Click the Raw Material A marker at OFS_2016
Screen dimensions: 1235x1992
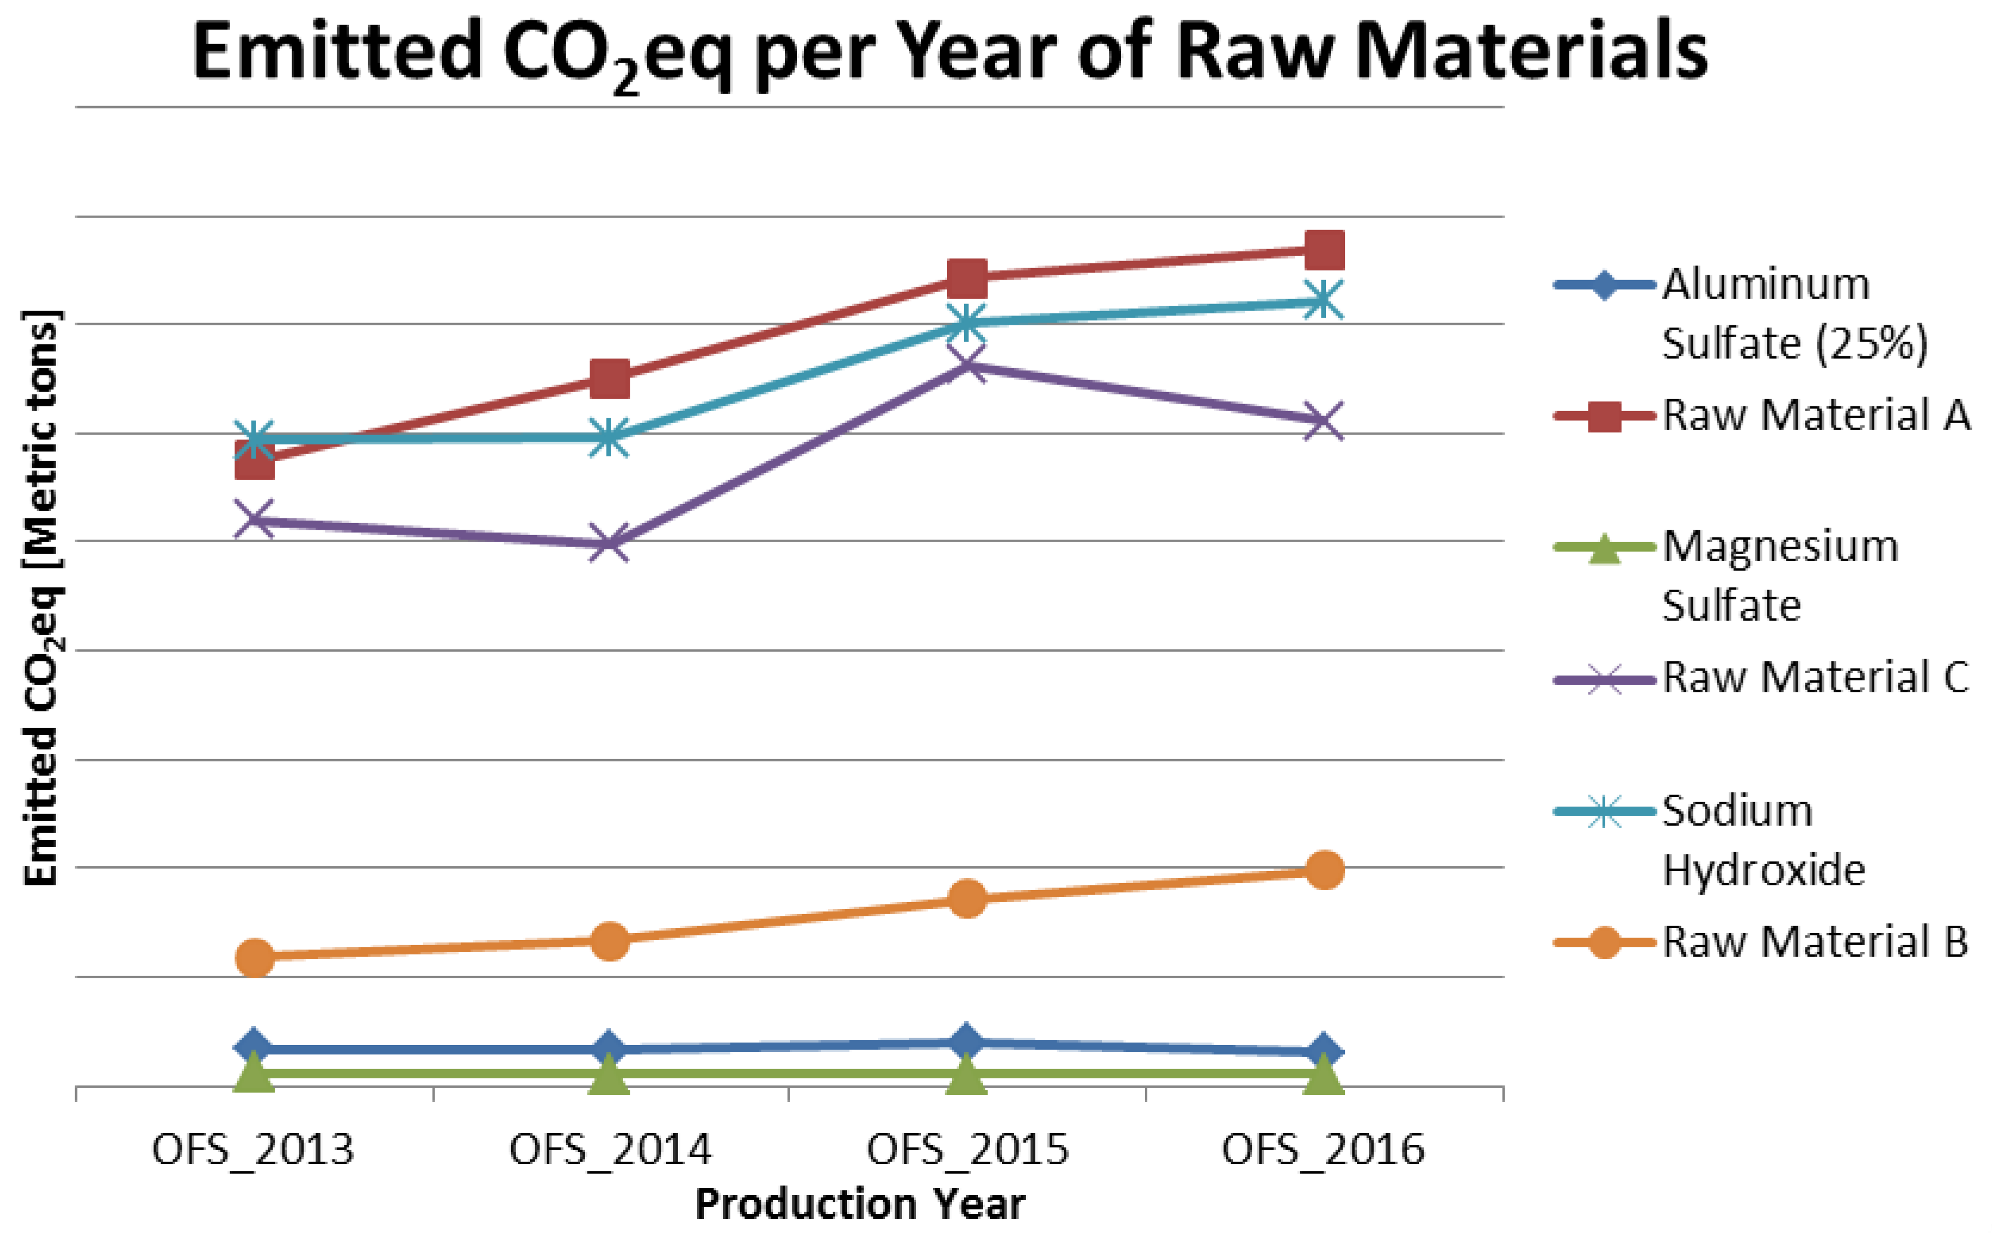pyautogui.click(x=1324, y=250)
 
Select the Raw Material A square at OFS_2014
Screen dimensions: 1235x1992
pyautogui.click(x=609, y=378)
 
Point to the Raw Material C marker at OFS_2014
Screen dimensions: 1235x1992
pyautogui.click(x=609, y=543)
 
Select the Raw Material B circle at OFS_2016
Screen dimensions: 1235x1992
pyautogui.click(x=1324, y=870)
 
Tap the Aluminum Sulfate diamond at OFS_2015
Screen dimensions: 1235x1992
pyautogui.click(x=967, y=1041)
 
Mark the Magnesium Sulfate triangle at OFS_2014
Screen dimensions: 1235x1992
pyautogui.click(x=609, y=1074)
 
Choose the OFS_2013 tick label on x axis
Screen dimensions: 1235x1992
pyautogui.click(x=253, y=1150)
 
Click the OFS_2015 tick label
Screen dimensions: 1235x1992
pyautogui.click(x=967, y=1150)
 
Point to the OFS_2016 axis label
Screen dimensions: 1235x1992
pyautogui.click(x=1323, y=1150)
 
